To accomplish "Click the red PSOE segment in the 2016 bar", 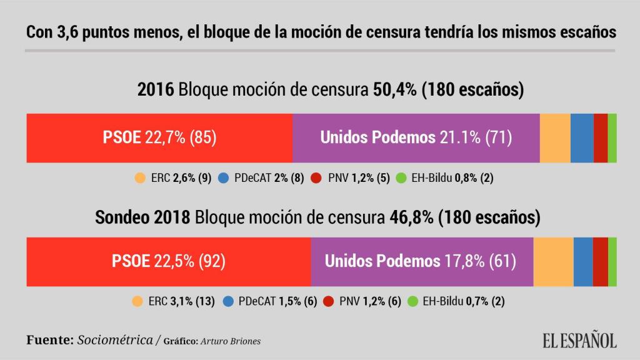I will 159,138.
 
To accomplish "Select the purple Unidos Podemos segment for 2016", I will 416,138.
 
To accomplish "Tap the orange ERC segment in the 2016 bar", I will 555,138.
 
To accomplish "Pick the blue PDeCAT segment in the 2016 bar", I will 582,138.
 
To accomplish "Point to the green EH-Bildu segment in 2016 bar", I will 612,138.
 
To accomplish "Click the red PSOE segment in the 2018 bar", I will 168,261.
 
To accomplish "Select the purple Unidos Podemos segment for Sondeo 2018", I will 422,261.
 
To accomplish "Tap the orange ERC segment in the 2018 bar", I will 553,261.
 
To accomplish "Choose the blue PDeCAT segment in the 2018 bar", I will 583,261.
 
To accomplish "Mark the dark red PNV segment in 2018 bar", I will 601,261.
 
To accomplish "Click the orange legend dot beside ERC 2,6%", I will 140,178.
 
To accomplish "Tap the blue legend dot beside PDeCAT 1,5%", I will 228,301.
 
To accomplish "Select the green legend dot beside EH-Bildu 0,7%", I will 412,301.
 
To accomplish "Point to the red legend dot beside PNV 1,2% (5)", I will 316,178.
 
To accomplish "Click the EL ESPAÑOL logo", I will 579,340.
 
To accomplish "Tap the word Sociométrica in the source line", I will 115,341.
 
